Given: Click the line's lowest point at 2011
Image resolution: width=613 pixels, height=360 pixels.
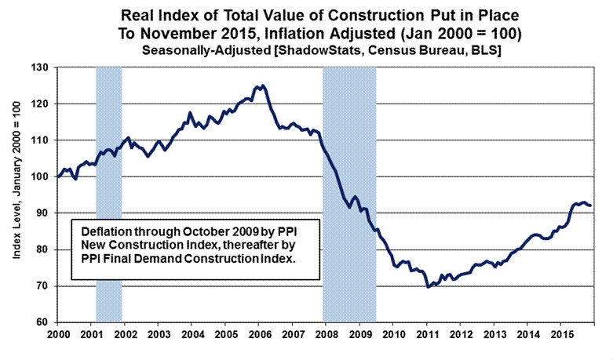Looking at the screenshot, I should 428,287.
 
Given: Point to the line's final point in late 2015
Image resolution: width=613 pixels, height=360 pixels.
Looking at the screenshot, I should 591,205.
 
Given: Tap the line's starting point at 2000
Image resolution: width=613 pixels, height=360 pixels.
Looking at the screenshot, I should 59,176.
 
